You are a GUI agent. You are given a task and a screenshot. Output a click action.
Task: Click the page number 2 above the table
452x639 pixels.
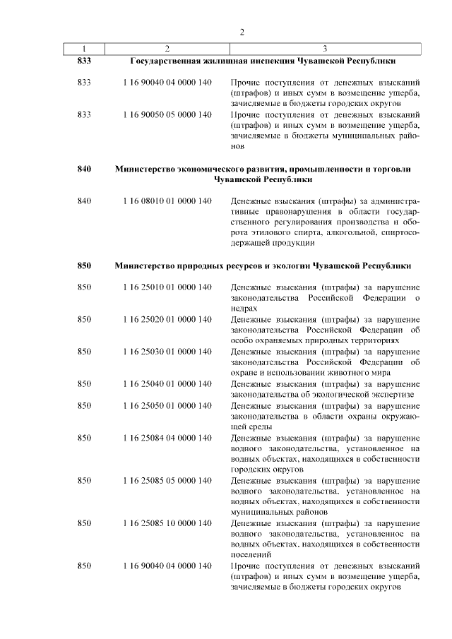pos(242,32)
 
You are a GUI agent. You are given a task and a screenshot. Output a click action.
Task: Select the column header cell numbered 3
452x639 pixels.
pos(324,49)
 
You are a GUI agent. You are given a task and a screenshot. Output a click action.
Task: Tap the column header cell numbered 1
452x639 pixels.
pos(83,49)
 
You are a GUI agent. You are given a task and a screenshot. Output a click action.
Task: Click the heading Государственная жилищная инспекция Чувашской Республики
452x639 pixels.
pos(263,62)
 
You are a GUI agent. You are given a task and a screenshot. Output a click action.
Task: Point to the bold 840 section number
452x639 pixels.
pos(84,169)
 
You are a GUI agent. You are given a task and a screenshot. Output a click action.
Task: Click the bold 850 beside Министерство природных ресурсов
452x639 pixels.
pos(84,266)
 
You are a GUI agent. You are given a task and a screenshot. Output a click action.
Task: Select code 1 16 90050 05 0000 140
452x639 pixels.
pos(167,114)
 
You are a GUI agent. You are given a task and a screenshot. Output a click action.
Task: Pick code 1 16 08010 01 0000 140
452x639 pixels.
pos(167,201)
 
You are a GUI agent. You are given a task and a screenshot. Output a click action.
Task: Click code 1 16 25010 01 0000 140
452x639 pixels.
pos(167,287)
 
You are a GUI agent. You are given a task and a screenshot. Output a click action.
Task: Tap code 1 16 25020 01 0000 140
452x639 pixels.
pos(167,320)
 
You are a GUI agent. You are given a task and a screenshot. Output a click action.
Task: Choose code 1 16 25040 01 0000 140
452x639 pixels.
pos(167,383)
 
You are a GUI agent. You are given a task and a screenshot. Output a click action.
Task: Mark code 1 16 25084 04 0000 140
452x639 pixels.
pos(167,437)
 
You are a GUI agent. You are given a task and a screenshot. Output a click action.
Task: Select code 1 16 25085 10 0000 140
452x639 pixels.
pos(167,523)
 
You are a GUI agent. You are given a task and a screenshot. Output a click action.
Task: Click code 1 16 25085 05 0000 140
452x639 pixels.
pos(167,480)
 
